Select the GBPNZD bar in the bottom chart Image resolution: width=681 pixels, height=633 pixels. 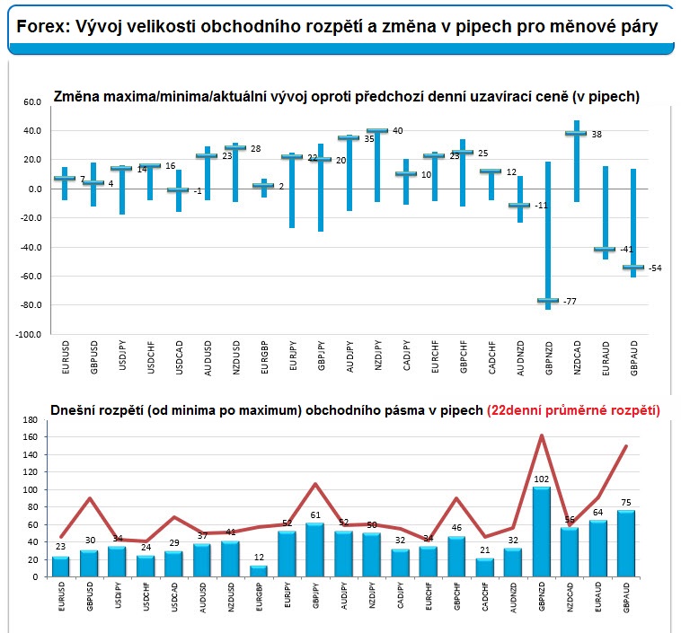pyautogui.click(x=541, y=532)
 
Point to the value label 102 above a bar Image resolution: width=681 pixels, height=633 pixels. pyautogui.click(x=541, y=479)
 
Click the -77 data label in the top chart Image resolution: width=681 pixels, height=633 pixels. pyautogui.click(x=570, y=302)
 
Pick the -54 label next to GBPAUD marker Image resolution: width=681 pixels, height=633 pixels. pyautogui.click(x=655, y=268)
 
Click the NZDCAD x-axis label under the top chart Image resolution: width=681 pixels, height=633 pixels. pyautogui.click(x=577, y=357)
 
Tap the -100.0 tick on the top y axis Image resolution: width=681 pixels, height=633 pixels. pyautogui.click(x=28, y=334)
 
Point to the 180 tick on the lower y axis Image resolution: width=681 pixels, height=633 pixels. pyautogui.click(x=31, y=420)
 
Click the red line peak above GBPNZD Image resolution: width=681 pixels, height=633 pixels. pyautogui.click(x=542, y=435)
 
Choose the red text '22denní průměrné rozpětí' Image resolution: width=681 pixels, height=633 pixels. pyautogui.click(x=574, y=410)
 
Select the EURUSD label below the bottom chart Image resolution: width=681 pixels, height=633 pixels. pyautogui.click(x=61, y=596)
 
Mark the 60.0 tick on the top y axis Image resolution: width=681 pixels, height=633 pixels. pyautogui.click(x=32, y=102)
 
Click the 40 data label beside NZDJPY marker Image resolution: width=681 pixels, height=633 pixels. pyautogui.click(x=397, y=131)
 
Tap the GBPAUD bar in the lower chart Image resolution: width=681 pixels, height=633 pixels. pyautogui.click(x=626, y=543)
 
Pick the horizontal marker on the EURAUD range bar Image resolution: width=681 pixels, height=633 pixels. pyautogui.click(x=605, y=250)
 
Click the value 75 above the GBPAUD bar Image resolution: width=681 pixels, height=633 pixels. pyautogui.click(x=626, y=503)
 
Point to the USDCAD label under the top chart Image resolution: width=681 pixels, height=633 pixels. pyautogui.click(x=179, y=357)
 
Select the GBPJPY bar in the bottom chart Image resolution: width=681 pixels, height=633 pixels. pyautogui.click(x=315, y=550)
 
